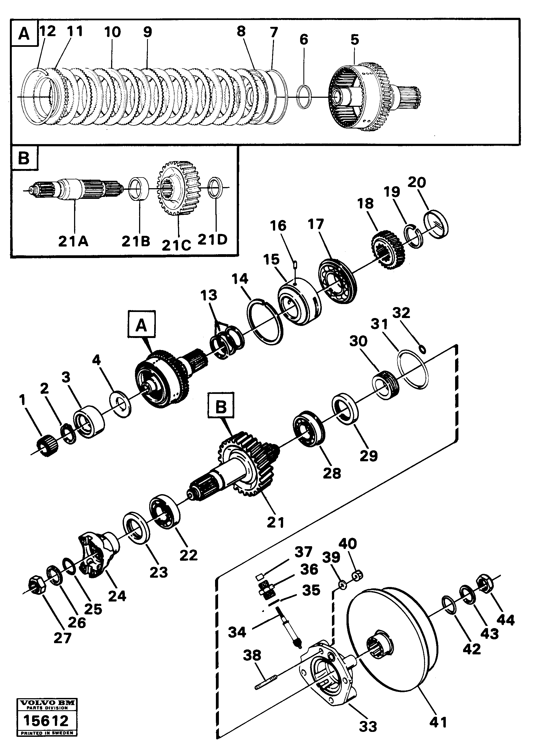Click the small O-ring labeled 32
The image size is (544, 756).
(422, 349)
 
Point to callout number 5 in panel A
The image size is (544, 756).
(354, 40)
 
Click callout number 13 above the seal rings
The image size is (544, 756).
(209, 295)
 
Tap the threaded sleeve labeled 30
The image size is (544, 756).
(386, 386)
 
